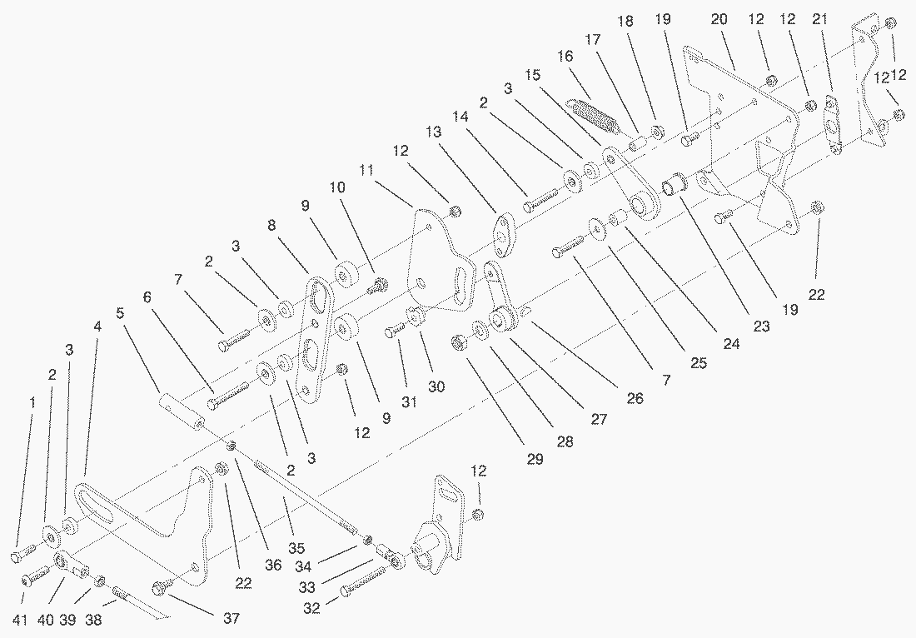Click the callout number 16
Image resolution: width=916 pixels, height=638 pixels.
pos(565,57)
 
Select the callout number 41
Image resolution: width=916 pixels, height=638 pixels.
pos(20,620)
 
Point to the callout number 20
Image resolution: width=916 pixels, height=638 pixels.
pos(719,19)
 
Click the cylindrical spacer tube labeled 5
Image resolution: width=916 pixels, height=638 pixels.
pos(182,412)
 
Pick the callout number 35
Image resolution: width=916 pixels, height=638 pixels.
pos(296,548)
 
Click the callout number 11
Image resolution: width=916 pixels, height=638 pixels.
pos(366,171)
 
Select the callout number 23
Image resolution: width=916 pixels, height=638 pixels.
pos(761,326)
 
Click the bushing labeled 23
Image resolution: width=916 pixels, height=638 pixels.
pos(675,183)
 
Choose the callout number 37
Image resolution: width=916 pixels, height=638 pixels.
pos(231,618)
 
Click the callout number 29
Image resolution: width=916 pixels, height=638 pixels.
pos(535,459)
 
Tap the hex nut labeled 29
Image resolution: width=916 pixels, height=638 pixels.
pos(460,342)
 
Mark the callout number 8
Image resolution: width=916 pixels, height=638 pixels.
pos(271,225)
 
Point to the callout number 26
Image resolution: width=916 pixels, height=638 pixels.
pos(635,398)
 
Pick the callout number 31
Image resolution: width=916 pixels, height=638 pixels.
pos(409,402)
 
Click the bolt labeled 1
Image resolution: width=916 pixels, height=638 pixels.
pos(24,553)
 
